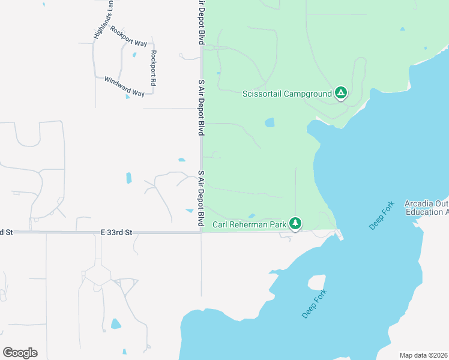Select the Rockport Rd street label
point(154,68)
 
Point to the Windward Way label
point(124,86)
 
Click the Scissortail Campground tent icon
point(341,93)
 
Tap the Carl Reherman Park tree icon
point(295,224)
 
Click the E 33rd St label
point(116,232)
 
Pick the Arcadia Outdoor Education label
point(427,208)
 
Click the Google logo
point(20,353)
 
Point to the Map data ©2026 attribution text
point(423,355)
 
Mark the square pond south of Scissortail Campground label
point(270,123)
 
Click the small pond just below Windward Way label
point(128,96)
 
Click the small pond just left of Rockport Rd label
point(134,55)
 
